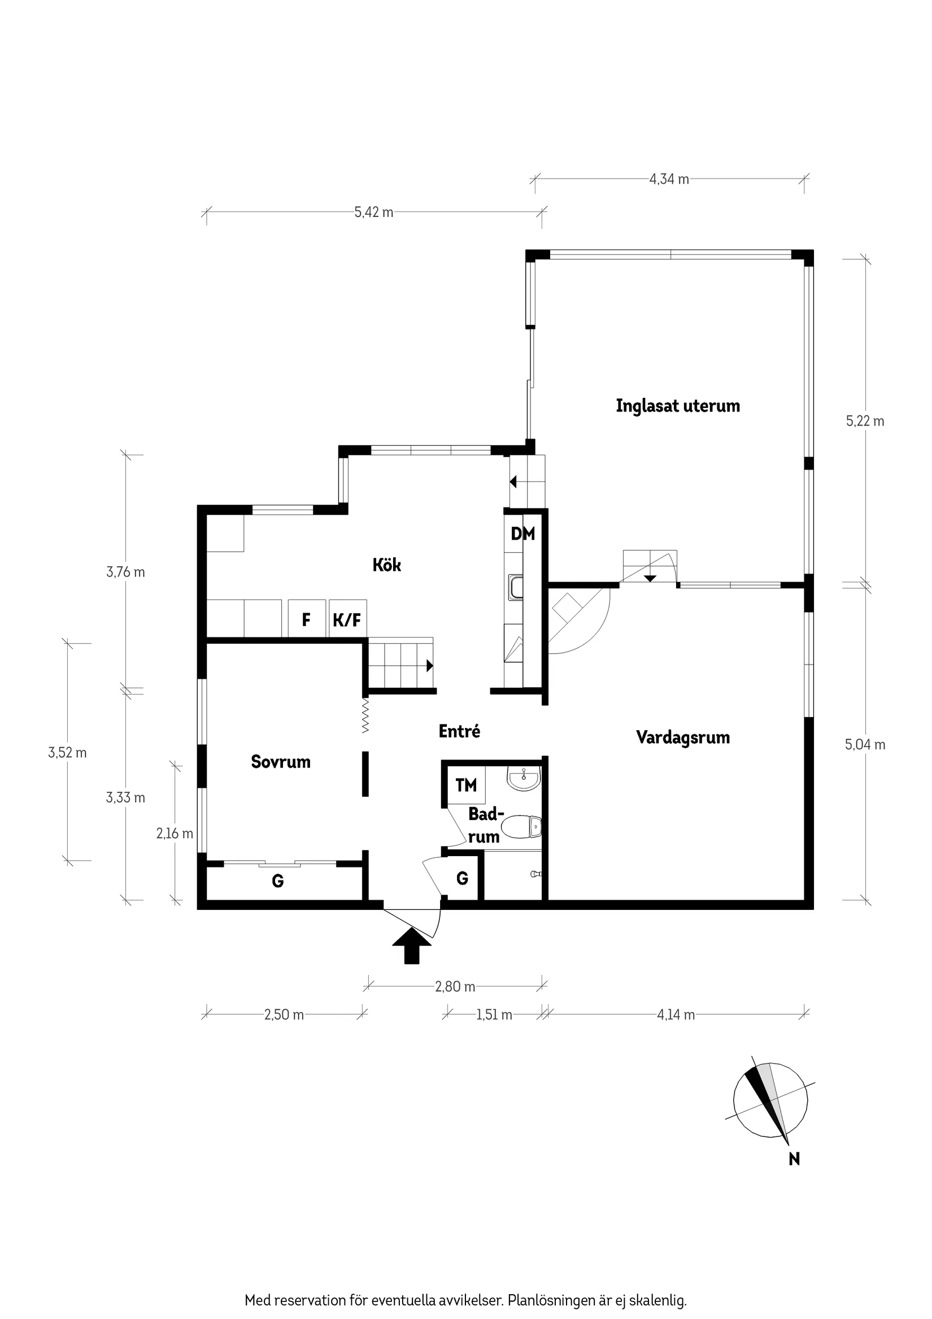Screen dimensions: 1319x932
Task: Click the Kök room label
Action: pos(386,565)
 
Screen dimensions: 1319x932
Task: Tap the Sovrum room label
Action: pos(280,762)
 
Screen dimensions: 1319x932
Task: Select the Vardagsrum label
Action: pos(682,737)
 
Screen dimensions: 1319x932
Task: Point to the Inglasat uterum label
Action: pos(678,406)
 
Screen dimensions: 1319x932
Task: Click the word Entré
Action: pos(459,731)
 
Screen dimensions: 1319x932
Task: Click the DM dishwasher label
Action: pos(522,533)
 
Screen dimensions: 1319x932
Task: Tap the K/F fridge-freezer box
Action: pos(347,619)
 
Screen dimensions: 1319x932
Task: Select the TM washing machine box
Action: pos(465,785)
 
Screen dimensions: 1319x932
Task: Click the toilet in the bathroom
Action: pos(521,828)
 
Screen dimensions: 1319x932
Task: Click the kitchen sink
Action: pos(516,588)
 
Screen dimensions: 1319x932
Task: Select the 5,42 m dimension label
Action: pos(373,212)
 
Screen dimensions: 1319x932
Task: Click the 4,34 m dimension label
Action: pos(668,179)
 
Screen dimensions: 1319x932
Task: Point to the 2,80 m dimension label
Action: pos(455,987)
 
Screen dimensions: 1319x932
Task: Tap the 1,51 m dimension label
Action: pos(494,1015)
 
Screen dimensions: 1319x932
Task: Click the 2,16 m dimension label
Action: pos(175,834)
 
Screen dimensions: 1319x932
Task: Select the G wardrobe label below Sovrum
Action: pos(277,880)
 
